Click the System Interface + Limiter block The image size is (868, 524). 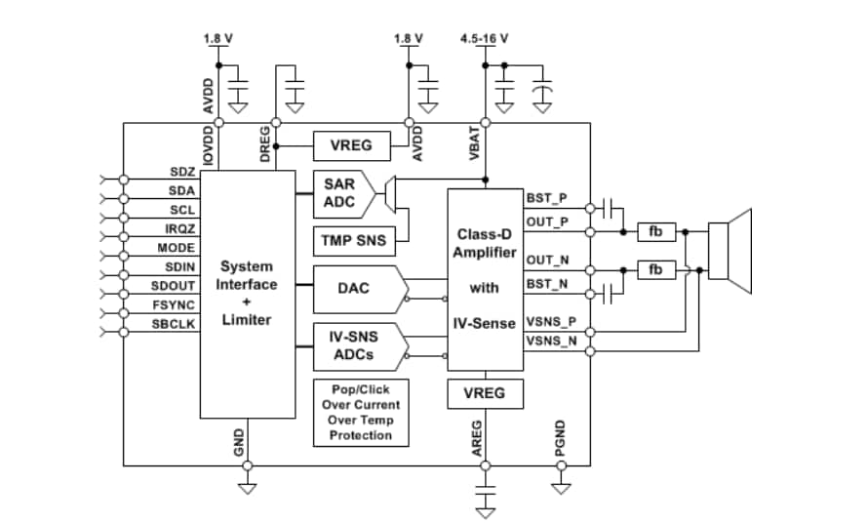248,293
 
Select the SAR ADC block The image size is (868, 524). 339,193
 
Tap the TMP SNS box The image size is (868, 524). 351,240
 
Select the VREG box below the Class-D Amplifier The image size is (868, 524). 484,393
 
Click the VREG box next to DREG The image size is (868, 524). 351,146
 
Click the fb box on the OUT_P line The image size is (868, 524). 656,231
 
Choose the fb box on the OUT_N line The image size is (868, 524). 656,268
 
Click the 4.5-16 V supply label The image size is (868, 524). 484,39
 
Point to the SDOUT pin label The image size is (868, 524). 173,286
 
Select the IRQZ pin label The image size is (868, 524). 178,228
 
